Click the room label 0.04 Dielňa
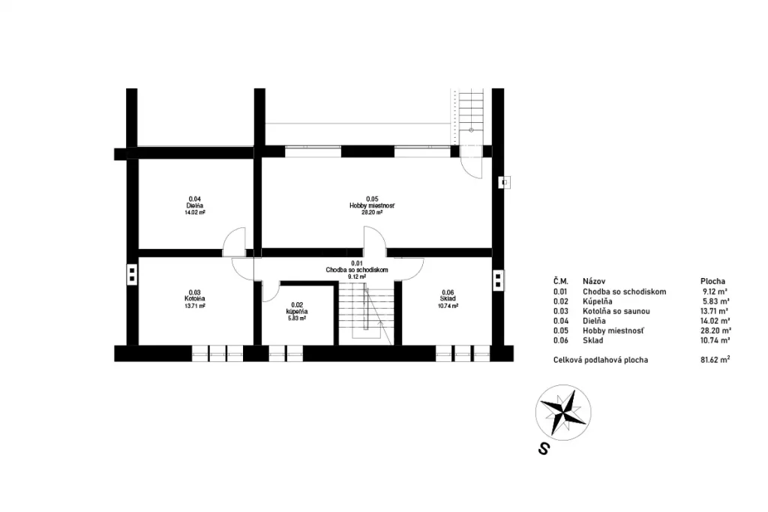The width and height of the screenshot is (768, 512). pyautogui.click(x=194, y=205)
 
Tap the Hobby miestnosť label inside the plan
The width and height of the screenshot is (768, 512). pyautogui.click(x=372, y=205)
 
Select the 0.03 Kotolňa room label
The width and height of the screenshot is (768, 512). pyautogui.click(x=194, y=299)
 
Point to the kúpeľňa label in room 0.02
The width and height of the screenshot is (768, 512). pyautogui.click(x=297, y=311)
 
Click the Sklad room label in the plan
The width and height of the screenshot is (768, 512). pyautogui.click(x=448, y=299)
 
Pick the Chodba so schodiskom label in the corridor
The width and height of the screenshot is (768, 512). pyautogui.click(x=356, y=270)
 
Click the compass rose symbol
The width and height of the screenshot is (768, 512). pyautogui.click(x=563, y=412)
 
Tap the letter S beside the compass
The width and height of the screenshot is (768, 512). pyautogui.click(x=543, y=448)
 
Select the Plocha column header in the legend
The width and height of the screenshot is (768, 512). pyautogui.click(x=712, y=281)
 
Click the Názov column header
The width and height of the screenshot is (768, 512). pyautogui.click(x=594, y=281)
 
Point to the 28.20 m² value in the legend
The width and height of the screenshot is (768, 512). pyautogui.click(x=716, y=331)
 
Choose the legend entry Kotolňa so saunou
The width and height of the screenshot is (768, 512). pyautogui.click(x=616, y=311)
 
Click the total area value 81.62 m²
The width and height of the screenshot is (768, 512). pyautogui.click(x=715, y=360)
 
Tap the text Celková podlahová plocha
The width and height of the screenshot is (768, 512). pyautogui.click(x=601, y=360)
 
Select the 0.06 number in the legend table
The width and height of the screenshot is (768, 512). pyautogui.click(x=560, y=340)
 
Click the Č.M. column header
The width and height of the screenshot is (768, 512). pyautogui.click(x=561, y=281)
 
